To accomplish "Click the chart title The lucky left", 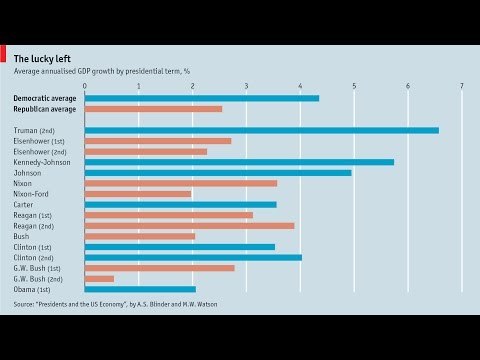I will point(42,58).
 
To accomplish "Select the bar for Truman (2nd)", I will point(261,130).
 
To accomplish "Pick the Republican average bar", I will point(153,108).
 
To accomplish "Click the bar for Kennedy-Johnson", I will point(239,162).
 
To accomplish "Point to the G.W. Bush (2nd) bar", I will point(99,278).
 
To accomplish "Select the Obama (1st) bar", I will point(140,289).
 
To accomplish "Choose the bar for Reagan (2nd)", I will point(189,225).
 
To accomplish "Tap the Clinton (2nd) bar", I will point(193,257).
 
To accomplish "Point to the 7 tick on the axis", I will point(462,86).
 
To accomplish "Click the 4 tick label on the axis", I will point(300,86).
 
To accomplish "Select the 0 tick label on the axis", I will point(85,86).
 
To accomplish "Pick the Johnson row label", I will point(29,173).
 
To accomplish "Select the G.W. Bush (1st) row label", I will point(41,268).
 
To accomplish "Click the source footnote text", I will point(115,304).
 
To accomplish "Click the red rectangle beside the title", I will point(4,58).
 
